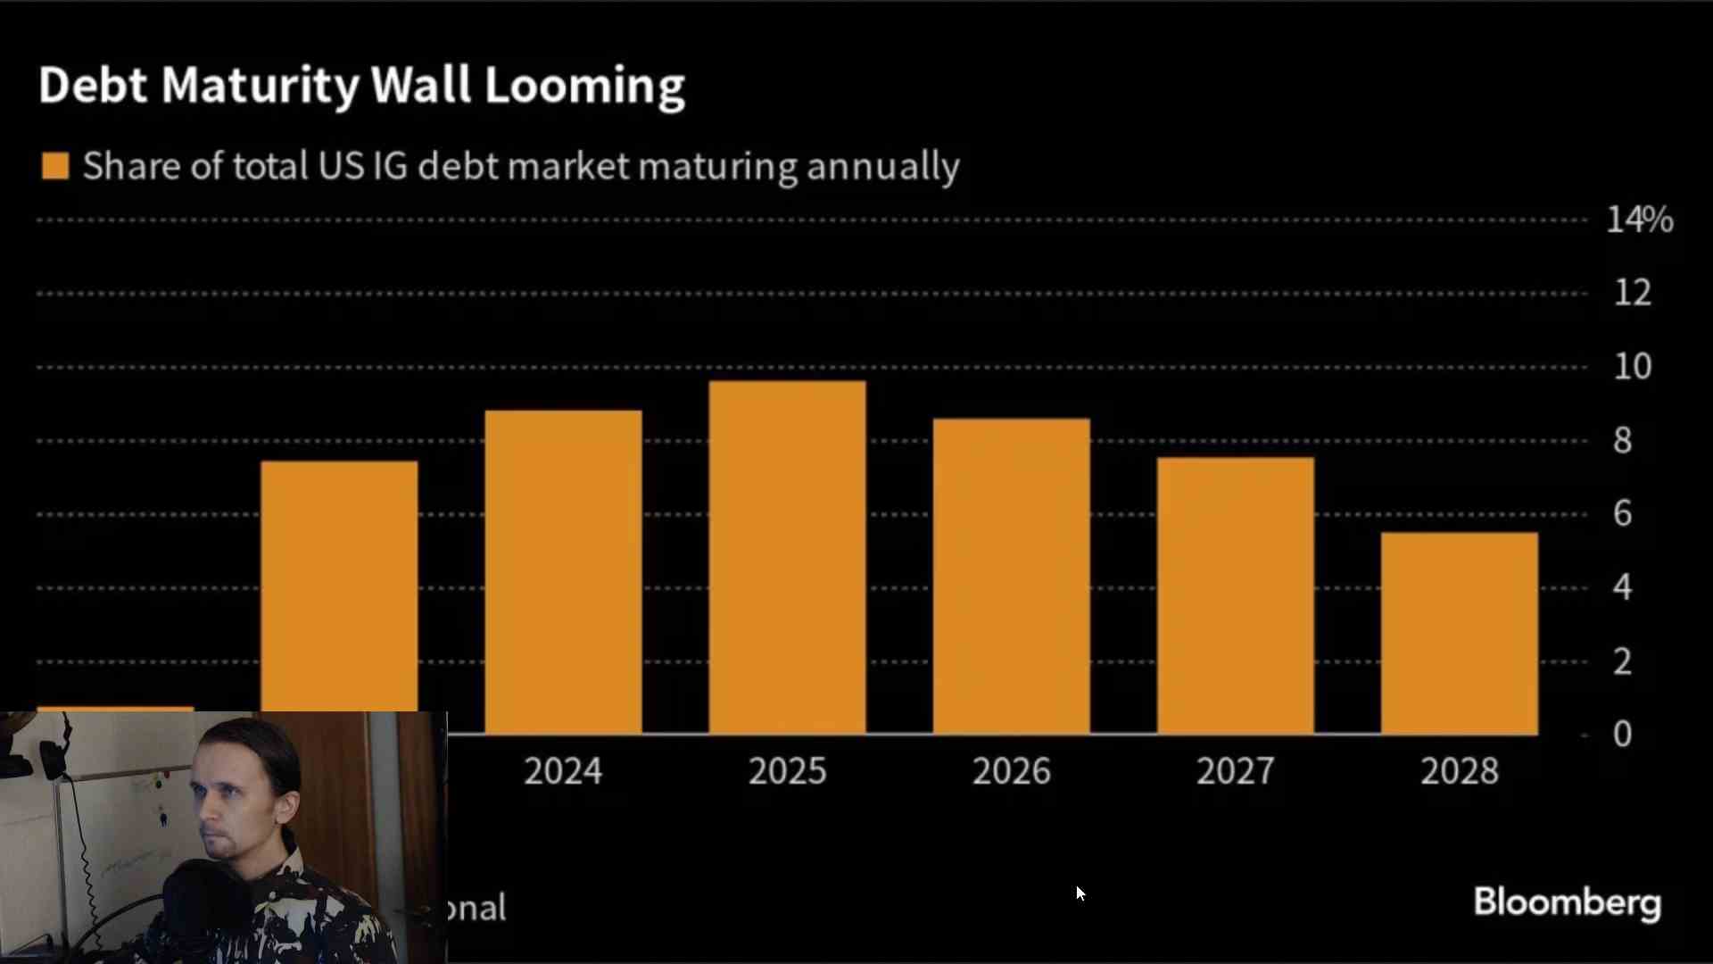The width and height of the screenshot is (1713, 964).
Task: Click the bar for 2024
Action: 563,571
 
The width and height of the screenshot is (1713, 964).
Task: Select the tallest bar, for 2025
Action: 787,558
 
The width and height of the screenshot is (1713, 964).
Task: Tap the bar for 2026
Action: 1011,576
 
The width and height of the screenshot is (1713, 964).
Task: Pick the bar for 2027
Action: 1235,595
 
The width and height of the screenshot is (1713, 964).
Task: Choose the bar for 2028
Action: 1459,634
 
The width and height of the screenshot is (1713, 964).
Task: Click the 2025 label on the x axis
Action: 787,771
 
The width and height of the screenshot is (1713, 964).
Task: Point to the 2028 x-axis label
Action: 1459,771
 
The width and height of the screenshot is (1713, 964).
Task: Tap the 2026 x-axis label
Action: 1011,771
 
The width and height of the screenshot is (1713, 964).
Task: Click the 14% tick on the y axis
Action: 1639,220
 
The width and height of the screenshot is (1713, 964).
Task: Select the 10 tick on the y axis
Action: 1633,367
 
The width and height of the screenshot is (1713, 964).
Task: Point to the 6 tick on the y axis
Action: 1623,514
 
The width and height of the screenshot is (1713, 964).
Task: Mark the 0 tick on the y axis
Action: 1623,735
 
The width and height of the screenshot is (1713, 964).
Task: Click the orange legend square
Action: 55,166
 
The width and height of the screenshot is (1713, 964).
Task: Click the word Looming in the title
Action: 584,87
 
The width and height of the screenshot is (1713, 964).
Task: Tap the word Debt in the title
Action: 92,86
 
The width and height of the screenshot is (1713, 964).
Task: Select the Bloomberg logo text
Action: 1567,902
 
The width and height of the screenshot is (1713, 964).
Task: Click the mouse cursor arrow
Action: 1080,893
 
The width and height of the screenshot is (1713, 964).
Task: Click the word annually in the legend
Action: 882,167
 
